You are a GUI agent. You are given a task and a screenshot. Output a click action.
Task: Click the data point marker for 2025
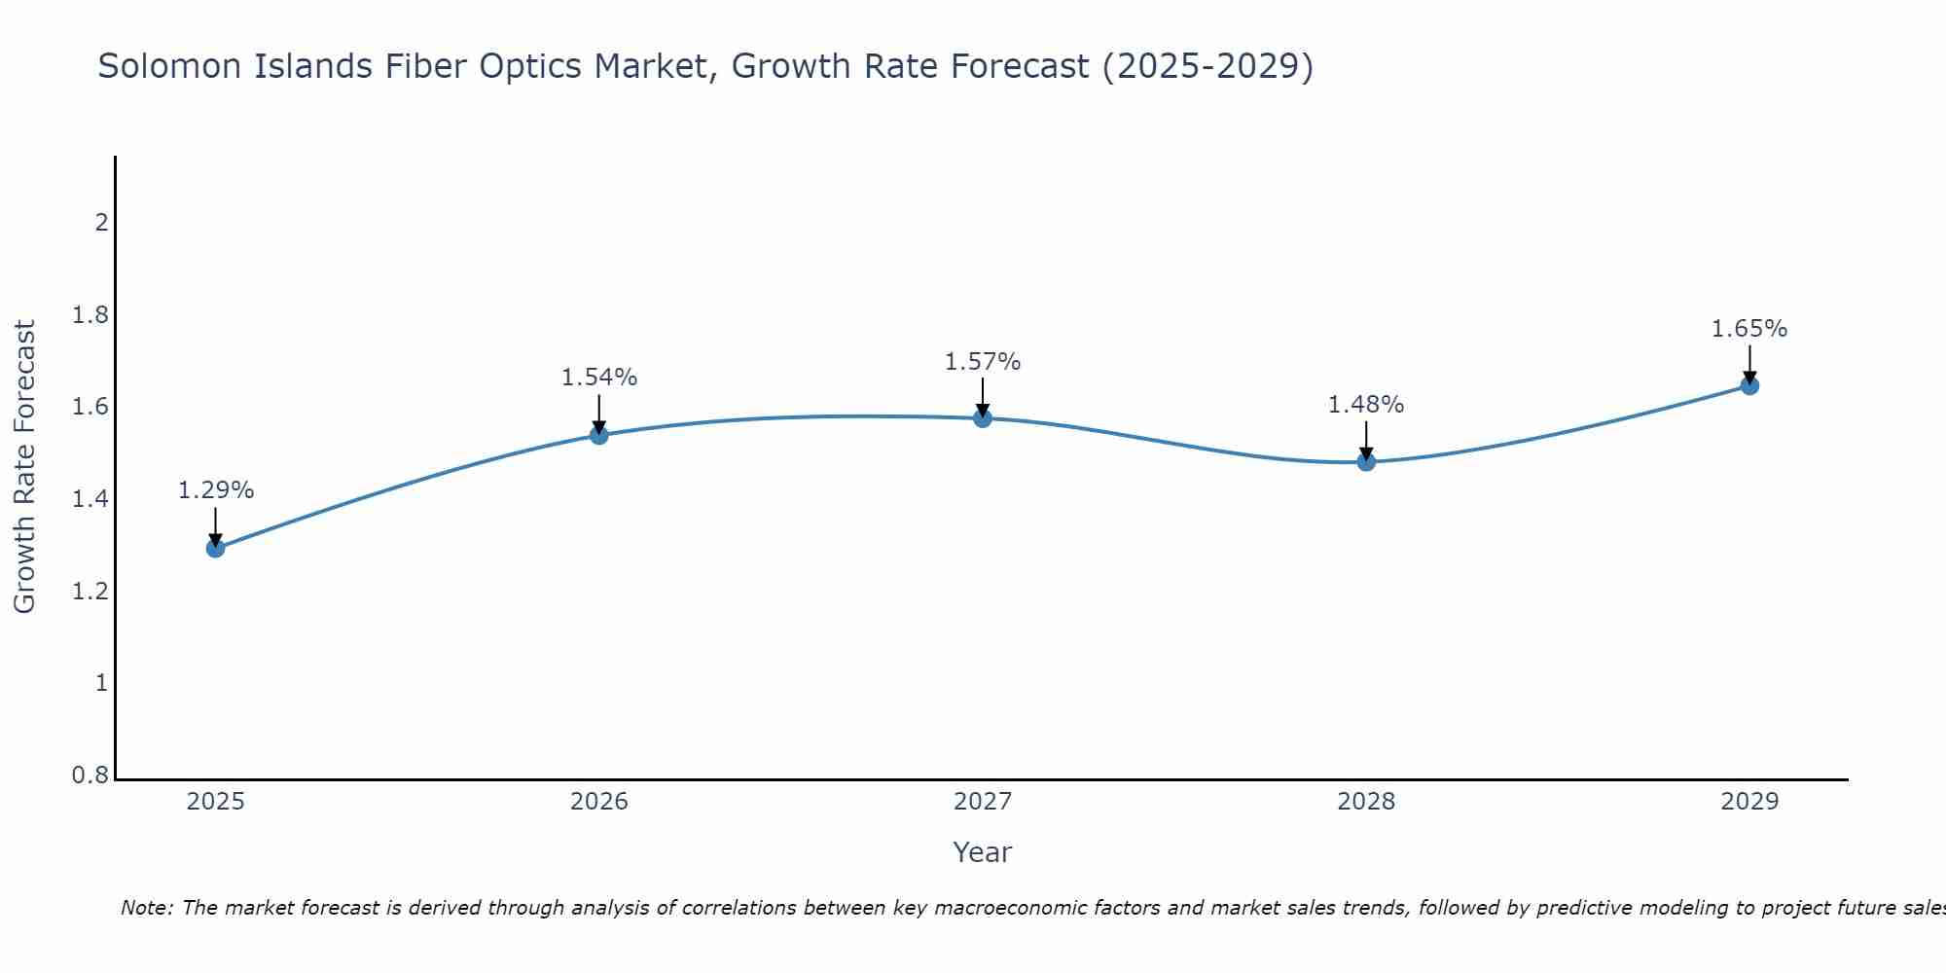click(x=216, y=549)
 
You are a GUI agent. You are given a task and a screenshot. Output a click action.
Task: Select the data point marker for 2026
click(x=599, y=435)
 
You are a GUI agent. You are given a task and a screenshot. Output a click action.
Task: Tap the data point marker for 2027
click(x=983, y=418)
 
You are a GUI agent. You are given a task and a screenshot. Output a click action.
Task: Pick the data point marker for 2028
click(x=1366, y=461)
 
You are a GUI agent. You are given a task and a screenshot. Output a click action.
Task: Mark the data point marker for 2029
click(x=1749, y=385)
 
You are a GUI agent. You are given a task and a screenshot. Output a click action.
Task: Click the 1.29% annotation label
click(x=216, y=490)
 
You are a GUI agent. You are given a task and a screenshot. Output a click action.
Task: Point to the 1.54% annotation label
click(x=599, y=378)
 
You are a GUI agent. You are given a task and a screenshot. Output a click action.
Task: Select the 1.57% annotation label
click(x=983, y=362)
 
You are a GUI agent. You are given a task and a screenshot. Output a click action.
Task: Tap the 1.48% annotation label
click(x=1366, y=405)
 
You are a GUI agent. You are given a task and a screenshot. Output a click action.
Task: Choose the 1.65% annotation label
click(x=1749, y=329)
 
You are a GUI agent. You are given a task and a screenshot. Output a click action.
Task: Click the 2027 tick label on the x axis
click(x=983, y=802)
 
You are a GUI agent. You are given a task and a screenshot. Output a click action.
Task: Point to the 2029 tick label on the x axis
click(x=1749, y=802)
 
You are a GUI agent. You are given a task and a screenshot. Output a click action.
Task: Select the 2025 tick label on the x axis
click(x=216, y=802)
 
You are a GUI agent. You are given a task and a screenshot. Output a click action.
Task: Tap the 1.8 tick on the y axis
click(x=90, y=315)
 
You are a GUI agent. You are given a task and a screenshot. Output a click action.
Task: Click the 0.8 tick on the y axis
click(x=90, y=775)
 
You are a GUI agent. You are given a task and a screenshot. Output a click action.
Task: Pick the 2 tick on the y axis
click(x=101, y=223)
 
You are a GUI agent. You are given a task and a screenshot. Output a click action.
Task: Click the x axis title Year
click(x=983, y=852)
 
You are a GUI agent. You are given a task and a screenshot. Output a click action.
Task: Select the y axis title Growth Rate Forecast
click(x=25, y=467)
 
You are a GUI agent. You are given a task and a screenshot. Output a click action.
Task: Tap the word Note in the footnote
click(x=145, y=908)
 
